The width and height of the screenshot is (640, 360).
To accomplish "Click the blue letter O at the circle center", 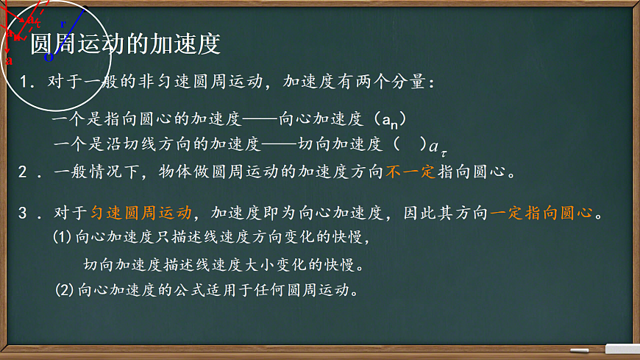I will click(48, 57).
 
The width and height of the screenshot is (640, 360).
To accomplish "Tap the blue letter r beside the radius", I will click(63, 24).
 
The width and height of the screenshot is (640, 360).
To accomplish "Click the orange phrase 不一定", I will click(410, 172).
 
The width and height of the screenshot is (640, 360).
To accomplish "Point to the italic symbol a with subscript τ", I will click(437, 147).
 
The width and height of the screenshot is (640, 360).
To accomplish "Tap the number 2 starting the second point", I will click(24, 172).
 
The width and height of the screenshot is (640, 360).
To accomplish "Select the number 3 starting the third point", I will click(24, 213).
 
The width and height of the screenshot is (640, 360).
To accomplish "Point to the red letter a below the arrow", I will click(8, 60).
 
